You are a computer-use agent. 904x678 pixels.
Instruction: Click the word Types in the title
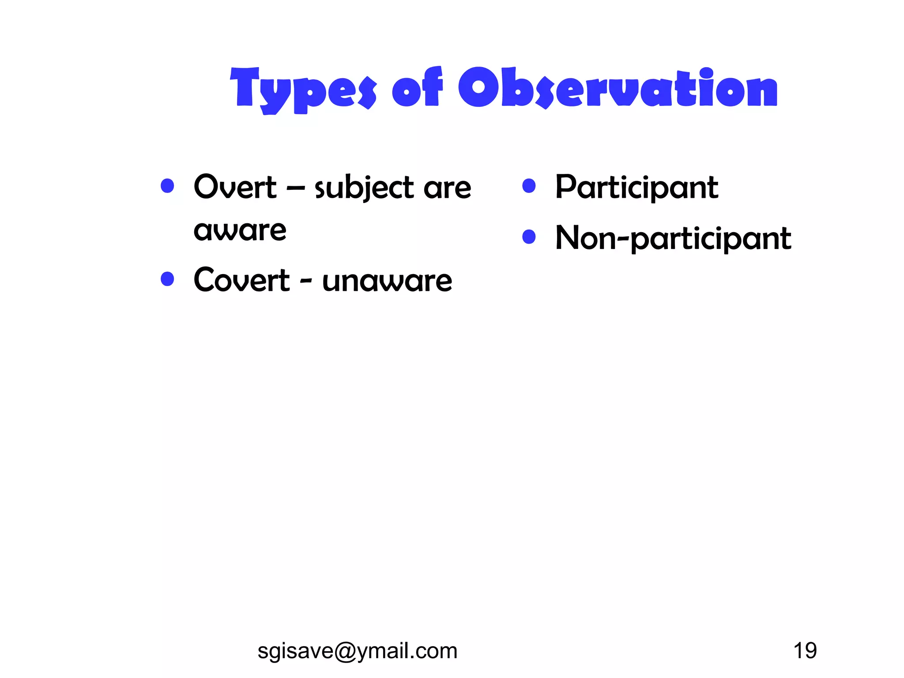pos(303,90)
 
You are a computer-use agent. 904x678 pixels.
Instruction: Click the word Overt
pos(235,187)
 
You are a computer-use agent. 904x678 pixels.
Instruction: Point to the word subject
pos(364,188)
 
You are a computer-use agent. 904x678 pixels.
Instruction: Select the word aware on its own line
pos(240,230)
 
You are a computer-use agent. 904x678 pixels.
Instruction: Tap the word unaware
pos(387,281)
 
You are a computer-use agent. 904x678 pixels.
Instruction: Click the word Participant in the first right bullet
pos(637,188)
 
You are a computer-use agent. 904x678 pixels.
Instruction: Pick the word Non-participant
pos(673,238)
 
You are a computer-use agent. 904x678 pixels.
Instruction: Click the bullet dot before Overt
pos(167,186)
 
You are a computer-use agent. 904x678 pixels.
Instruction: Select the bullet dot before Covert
pos(167,279)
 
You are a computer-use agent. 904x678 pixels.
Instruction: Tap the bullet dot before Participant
pos(529,186)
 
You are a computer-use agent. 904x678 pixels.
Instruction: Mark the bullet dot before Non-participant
pos(529,237)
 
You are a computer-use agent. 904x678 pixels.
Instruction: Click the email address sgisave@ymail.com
pos(357,651)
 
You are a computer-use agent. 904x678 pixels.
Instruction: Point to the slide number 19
pos(805,651)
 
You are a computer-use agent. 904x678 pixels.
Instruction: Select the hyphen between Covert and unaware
pos(306,281)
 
